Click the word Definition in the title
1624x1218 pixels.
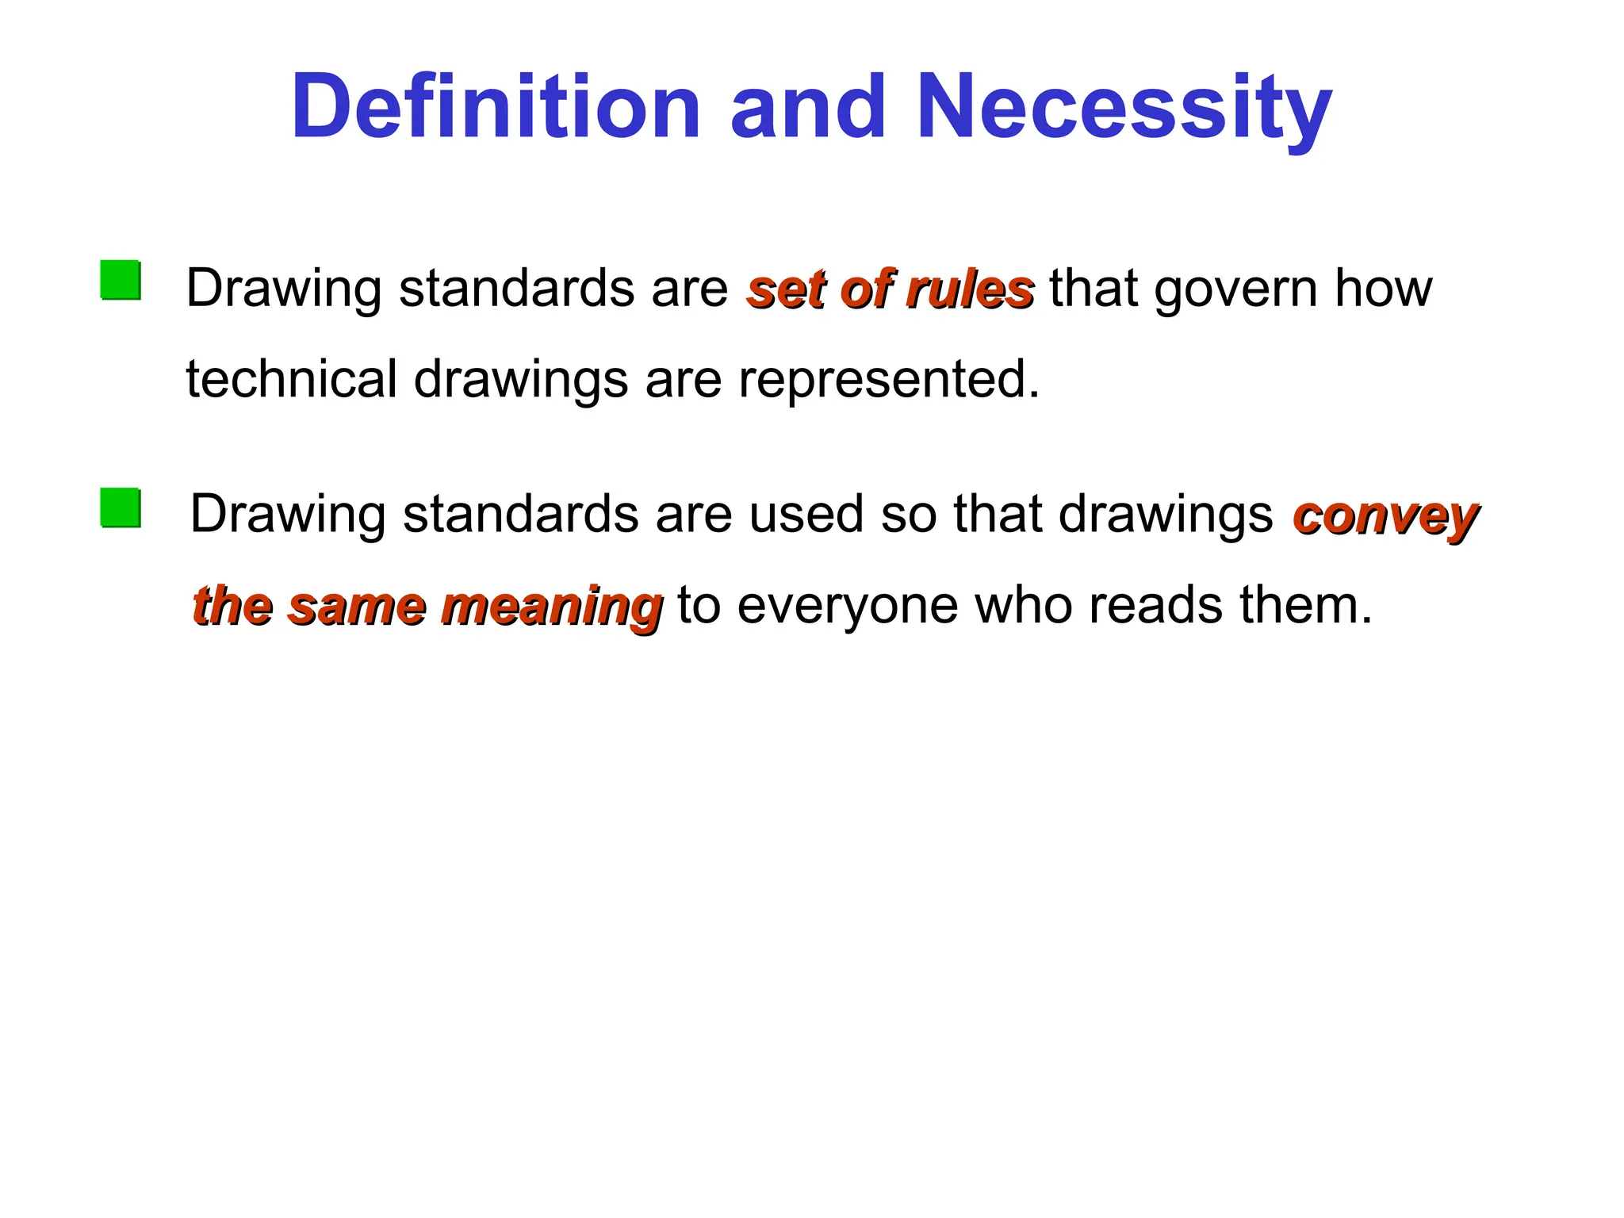point(496,107)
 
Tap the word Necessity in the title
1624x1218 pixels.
point(1124,107)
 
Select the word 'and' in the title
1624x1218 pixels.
point(807,107)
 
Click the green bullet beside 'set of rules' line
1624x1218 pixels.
point(121,280)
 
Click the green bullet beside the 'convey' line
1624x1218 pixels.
point(121,508)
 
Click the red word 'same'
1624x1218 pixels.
point(357,607)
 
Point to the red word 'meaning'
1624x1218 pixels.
point(551,608)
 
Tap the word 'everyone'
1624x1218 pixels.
point(847,607)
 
